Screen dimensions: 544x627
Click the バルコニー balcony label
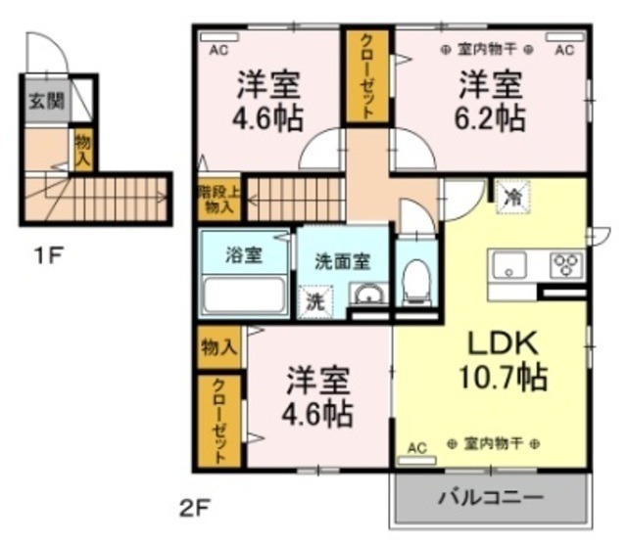tap(490, 497)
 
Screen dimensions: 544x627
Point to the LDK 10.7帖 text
tap(502, 359)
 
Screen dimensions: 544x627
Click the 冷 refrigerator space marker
tap(510, 196)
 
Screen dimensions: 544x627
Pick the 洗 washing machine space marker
tap(316, 300)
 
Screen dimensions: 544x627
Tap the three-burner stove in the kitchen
tap(566, 263)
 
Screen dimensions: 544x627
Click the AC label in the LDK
tap(417, 448)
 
